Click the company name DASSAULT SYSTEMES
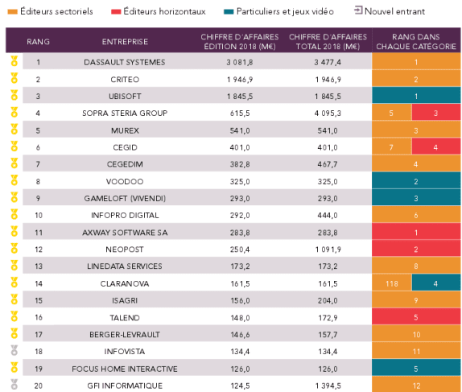click(x=124, y=62)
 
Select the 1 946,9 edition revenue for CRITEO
click(x=240, y=79)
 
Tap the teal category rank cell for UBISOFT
click(x=416, y=96)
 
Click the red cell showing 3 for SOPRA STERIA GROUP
click(x=436, y=113)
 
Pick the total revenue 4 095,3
click(x=328, y=113)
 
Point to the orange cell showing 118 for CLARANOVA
click(x=392, y=283)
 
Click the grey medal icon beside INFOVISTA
click(x=14, y=351)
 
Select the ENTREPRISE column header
click(x=125, y=42)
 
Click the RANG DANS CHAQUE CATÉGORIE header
click(x=416, y=42)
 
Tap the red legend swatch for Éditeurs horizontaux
click(x=116, y=12)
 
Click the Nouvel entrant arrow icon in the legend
click(x=358, y=10)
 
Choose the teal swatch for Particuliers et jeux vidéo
click(x=229, y=12)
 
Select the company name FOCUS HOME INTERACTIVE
click(x=125, y=369)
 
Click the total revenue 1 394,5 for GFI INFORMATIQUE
click(x=328, y=386)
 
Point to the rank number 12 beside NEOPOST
click(x=39, y=250)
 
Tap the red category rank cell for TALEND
click(x=416, y=317)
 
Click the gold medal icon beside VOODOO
click(x=14, y=180)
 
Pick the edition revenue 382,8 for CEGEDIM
click(x=240, y=164)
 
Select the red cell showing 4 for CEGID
click(x=436, y=147)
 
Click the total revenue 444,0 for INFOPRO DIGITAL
click(x=328, y=216)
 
